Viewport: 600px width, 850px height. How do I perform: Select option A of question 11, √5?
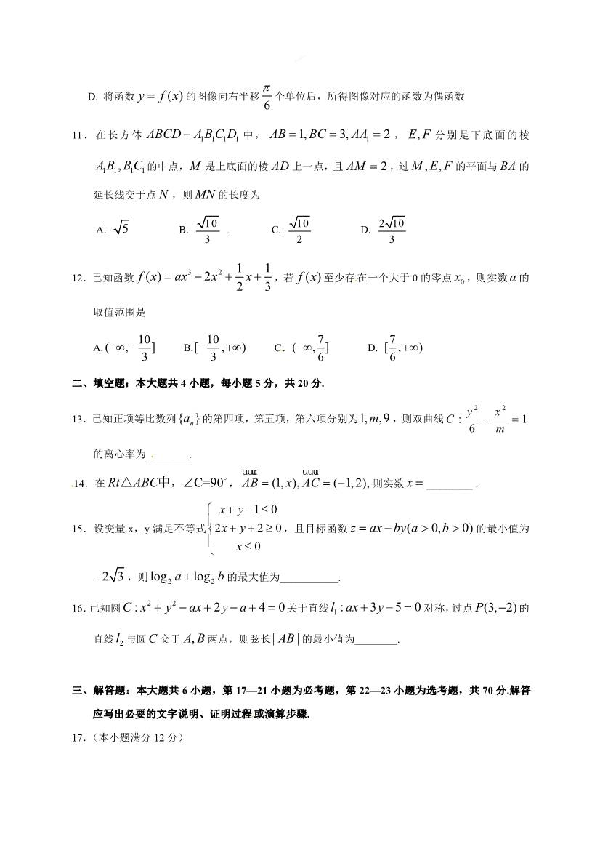pyautogui.click(x=113, y=228)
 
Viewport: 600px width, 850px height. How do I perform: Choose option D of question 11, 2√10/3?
pyautogui.click(x=384, y=228)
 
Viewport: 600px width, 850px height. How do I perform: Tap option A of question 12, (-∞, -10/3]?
pyautogui.click(x=124, y=347)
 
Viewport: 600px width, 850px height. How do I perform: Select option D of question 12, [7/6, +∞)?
pyautogui.click(x=396, y=347)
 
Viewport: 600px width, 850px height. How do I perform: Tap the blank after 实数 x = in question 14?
pyautogui.click(x=450, y=484)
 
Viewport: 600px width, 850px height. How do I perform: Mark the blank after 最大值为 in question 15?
pyautogui.click(x=309, y=578)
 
